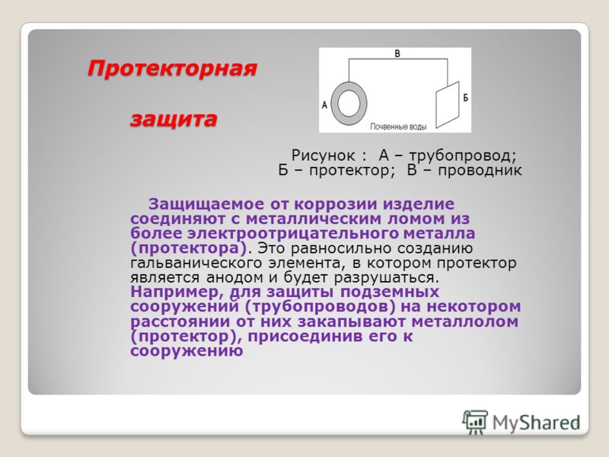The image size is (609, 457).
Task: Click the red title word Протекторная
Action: [172, 69]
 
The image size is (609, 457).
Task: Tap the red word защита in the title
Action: [174, 119]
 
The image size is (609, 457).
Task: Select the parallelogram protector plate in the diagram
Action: [447, 104]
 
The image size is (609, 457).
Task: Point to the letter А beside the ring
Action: [325, 105]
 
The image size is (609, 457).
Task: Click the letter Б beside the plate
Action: [466, 97]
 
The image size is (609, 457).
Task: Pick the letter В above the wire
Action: [397, 53]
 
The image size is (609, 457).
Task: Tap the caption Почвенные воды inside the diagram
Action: [398, 126]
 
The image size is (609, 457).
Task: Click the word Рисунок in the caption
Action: [323, 155]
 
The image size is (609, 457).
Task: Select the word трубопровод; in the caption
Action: [463, 156]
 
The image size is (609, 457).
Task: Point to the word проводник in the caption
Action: [480, 171]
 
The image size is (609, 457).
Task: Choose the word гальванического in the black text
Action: [196, 263]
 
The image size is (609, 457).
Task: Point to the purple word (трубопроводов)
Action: [320, 307]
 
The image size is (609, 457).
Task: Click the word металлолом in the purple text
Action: [465, 321]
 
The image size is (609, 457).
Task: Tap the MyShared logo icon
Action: [474, 422]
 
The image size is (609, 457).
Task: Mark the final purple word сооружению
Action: [187, 351]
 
